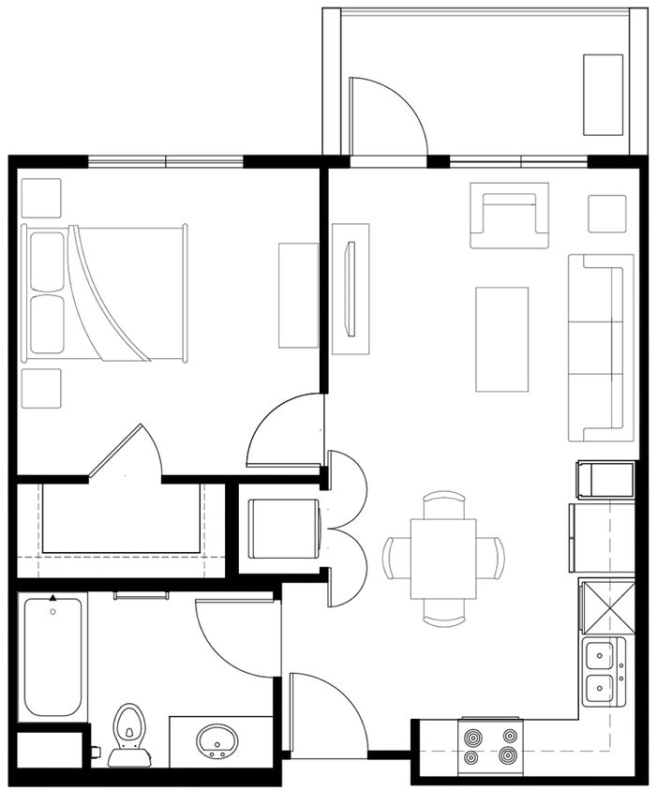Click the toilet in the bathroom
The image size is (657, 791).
point(129,734)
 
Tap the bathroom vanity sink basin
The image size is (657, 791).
point(217,740)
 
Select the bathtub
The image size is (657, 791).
point(52,655)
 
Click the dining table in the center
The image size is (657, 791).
point(443,560)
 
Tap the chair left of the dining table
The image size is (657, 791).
point(396,559)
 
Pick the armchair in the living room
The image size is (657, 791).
point(509,216)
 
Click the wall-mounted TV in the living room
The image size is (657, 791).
point(351,288)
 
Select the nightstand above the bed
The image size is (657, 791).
point(41,198)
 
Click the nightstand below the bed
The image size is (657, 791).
point(41,388)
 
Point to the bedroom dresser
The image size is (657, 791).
point(298,295)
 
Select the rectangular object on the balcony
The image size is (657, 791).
point(603,95)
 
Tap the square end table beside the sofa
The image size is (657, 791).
point(607,214)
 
